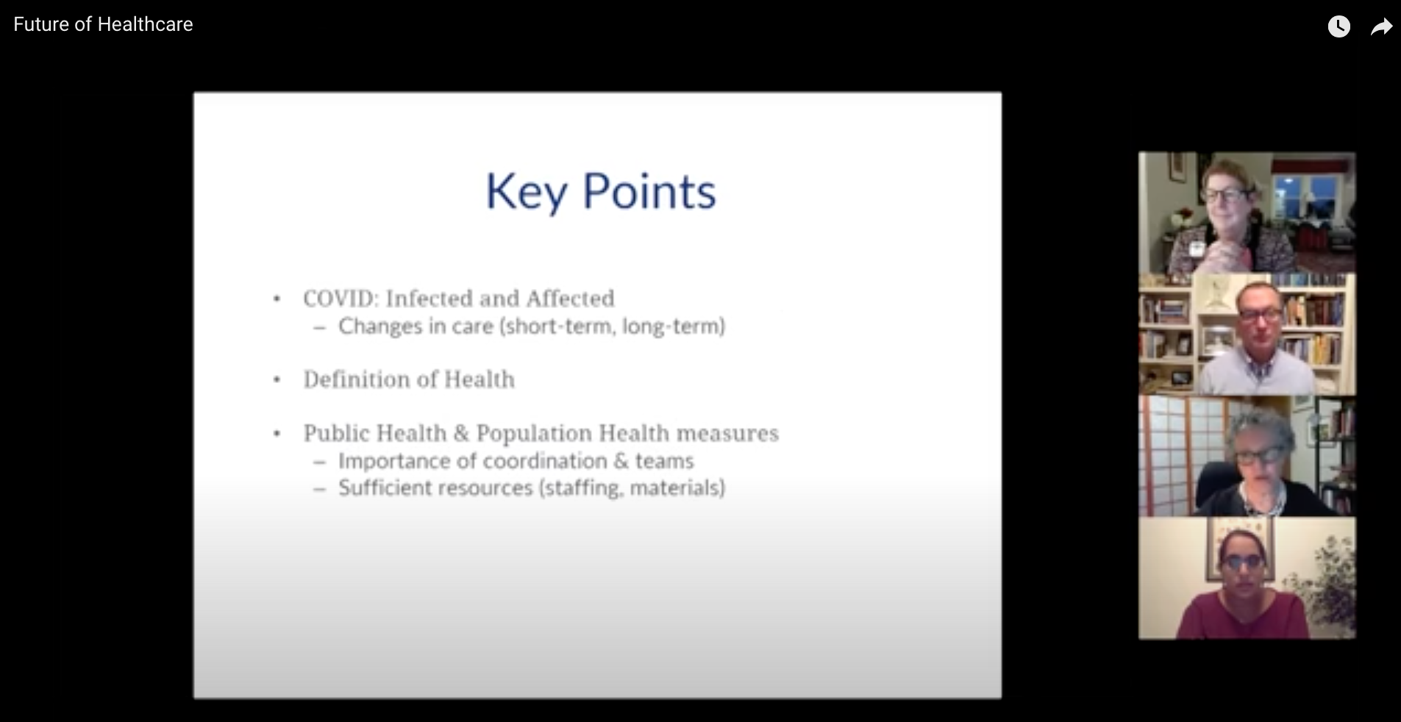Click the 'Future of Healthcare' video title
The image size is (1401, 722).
103,24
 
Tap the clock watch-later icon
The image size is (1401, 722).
1338,27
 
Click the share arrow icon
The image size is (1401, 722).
1382,27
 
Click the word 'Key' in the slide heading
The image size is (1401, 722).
527,193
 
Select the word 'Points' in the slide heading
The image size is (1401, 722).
649,191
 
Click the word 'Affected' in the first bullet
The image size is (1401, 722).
570,299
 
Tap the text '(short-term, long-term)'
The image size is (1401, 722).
612,326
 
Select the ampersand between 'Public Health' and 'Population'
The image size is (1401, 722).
461,433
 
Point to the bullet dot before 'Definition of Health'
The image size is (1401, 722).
277,380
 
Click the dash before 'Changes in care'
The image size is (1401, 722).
319,328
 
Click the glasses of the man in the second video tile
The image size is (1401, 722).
1260,314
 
